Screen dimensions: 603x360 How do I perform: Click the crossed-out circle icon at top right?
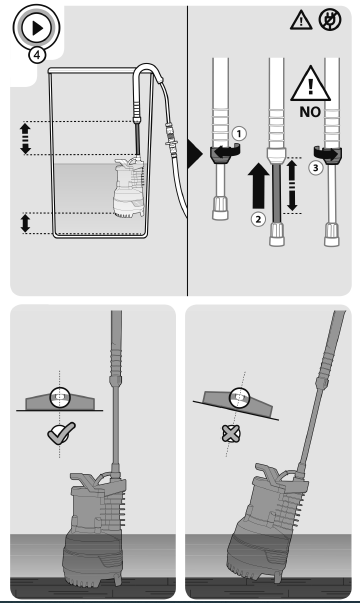pyautogui.click(x=330, y=17)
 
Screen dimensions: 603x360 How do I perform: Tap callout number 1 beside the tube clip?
pyautogui.click(x=239, y=133)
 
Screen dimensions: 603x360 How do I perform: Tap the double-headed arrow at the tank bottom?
pyautogui.click(x=26, y=223)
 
